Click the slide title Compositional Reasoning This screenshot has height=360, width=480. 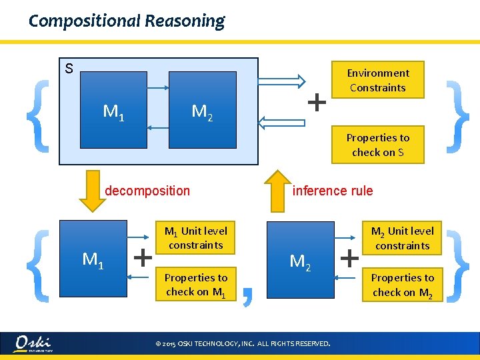[x=127, y=21]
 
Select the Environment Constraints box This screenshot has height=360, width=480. [x=377, y=80]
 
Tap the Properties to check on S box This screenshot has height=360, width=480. [x=377, y=145]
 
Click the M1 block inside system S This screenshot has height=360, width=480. [x=113, y=110]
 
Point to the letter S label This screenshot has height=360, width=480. [x=69, y=68]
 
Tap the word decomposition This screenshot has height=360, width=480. [x=147, y=191]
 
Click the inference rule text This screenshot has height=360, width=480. [x=333, y=191]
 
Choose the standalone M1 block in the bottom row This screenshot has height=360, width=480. [x=93, y=257]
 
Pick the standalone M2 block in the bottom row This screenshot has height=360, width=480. [x=300, y=260]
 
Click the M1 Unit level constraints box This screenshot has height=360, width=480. [x=195, y=238]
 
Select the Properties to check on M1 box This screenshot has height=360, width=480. [x=195, y=285]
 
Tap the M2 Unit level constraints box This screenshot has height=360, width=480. [x=402, y=238]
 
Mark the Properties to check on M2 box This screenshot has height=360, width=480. [x=402, y=285]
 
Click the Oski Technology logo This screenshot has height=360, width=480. [x=34, y=343]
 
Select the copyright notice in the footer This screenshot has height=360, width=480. [x=242, y=344]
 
